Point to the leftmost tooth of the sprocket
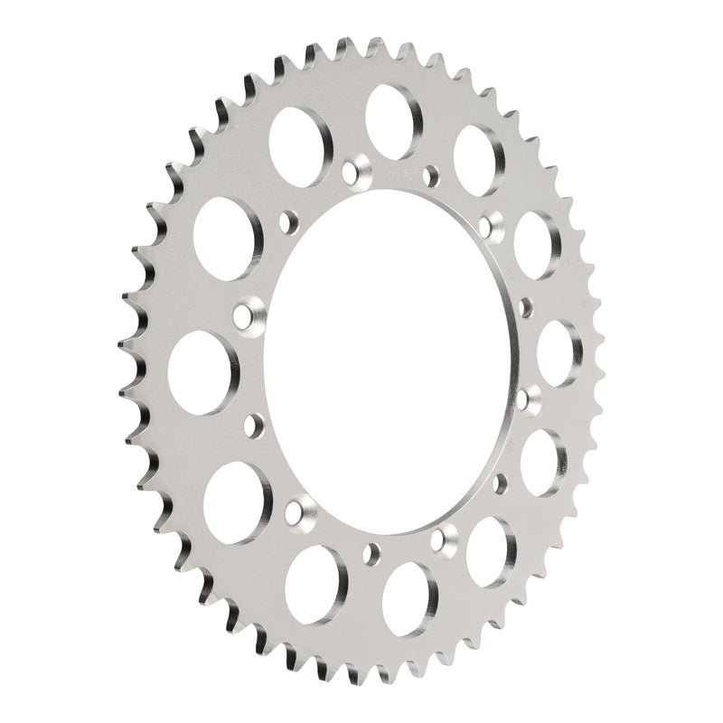pos(125,343)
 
